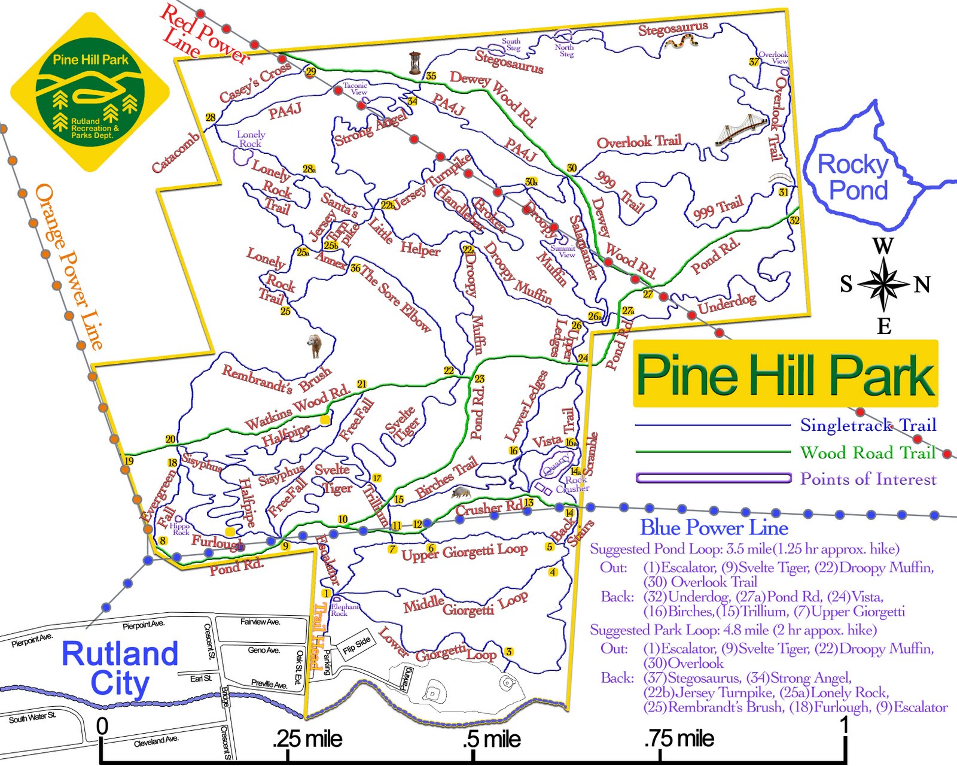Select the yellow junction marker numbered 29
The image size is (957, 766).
coord(310,72)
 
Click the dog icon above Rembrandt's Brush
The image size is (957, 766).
coord(314,345)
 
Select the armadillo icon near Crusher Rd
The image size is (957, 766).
coord(460,492)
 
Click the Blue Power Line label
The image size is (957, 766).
coord(714,527)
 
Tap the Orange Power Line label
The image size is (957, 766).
coord(69,266)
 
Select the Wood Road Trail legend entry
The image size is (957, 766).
coord(867,452)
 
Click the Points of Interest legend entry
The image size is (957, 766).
coord(868,479)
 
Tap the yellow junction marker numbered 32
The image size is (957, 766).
coord(794,220)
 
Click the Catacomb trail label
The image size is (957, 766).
coord(175,153)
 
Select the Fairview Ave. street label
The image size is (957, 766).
coord(260,622)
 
